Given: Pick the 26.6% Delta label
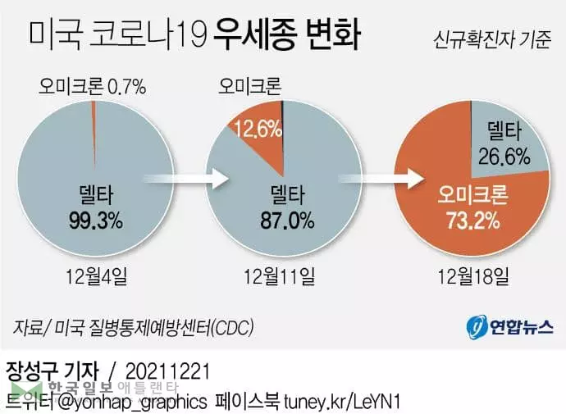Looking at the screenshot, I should click(x=504, y=154).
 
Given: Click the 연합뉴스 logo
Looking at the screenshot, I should click(x=504, y=327).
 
